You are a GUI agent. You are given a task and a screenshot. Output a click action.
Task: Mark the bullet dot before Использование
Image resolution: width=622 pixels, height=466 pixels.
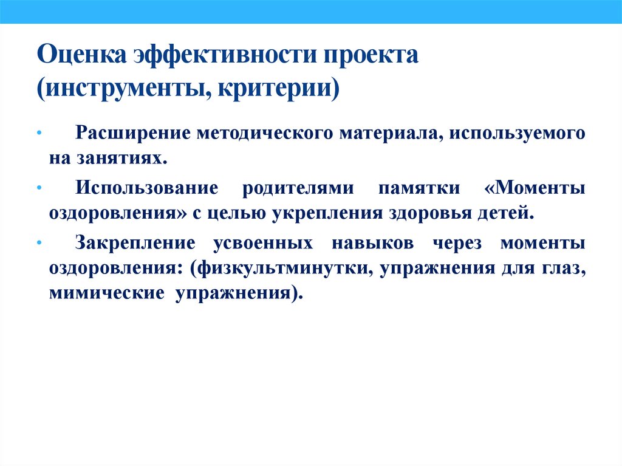[x=39, y=189]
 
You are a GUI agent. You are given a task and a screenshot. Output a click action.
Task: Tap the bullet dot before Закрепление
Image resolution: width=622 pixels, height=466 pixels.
[x=39, y=244]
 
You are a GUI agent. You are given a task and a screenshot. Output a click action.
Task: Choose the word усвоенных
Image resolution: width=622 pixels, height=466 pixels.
[x=263, y=243]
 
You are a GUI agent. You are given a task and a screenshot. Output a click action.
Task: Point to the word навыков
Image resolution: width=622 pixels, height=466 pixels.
[x=380, y=243]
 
